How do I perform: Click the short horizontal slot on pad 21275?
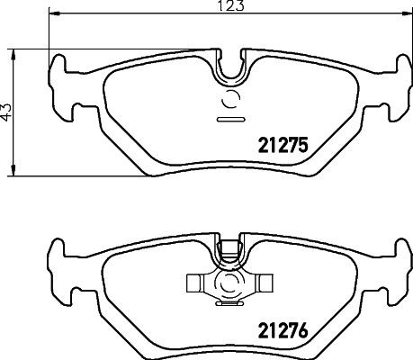pyautogui.click(x=229, y=117)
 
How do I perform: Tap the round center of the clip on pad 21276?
pyautogui.click(x=229, y=287)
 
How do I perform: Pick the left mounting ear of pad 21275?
pyautogui.click(x=59, y=85)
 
